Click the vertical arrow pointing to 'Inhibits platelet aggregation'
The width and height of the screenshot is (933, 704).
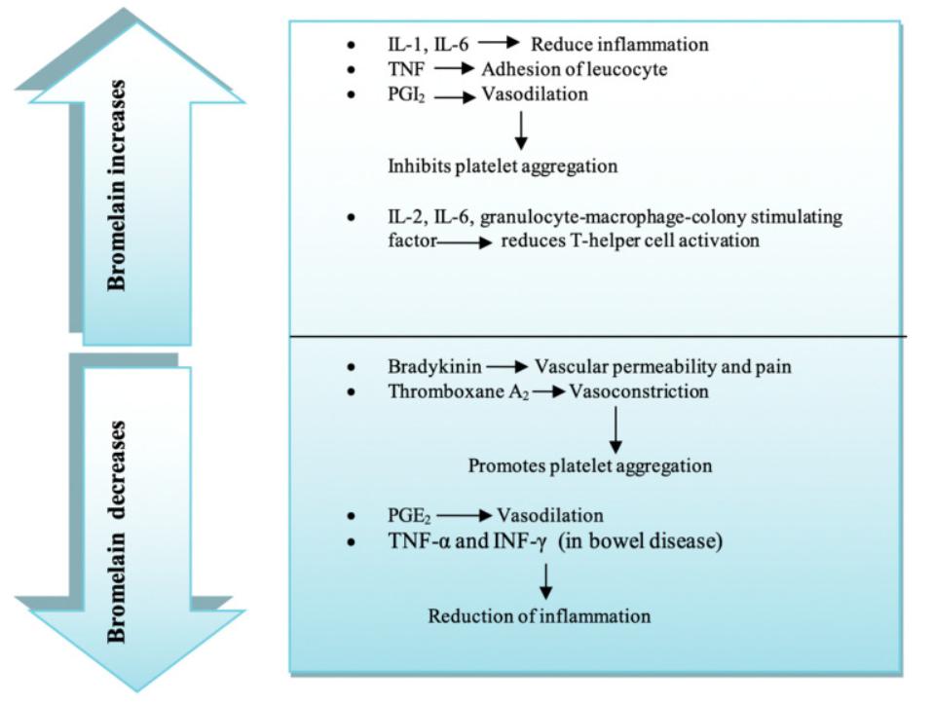[x=521, y=130]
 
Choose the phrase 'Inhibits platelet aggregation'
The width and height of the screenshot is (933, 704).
[x=503, y=166]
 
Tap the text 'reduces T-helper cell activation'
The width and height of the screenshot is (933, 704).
[x=629, y=240]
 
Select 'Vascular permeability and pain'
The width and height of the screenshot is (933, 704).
[x=661, y=367]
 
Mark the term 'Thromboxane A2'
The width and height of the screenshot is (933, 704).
[x=455, y=392]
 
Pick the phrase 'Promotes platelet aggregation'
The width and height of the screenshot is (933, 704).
[x=589, y=466]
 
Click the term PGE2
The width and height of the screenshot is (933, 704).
[x=408, y=515]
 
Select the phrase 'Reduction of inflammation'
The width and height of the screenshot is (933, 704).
[x=540, y=615]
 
